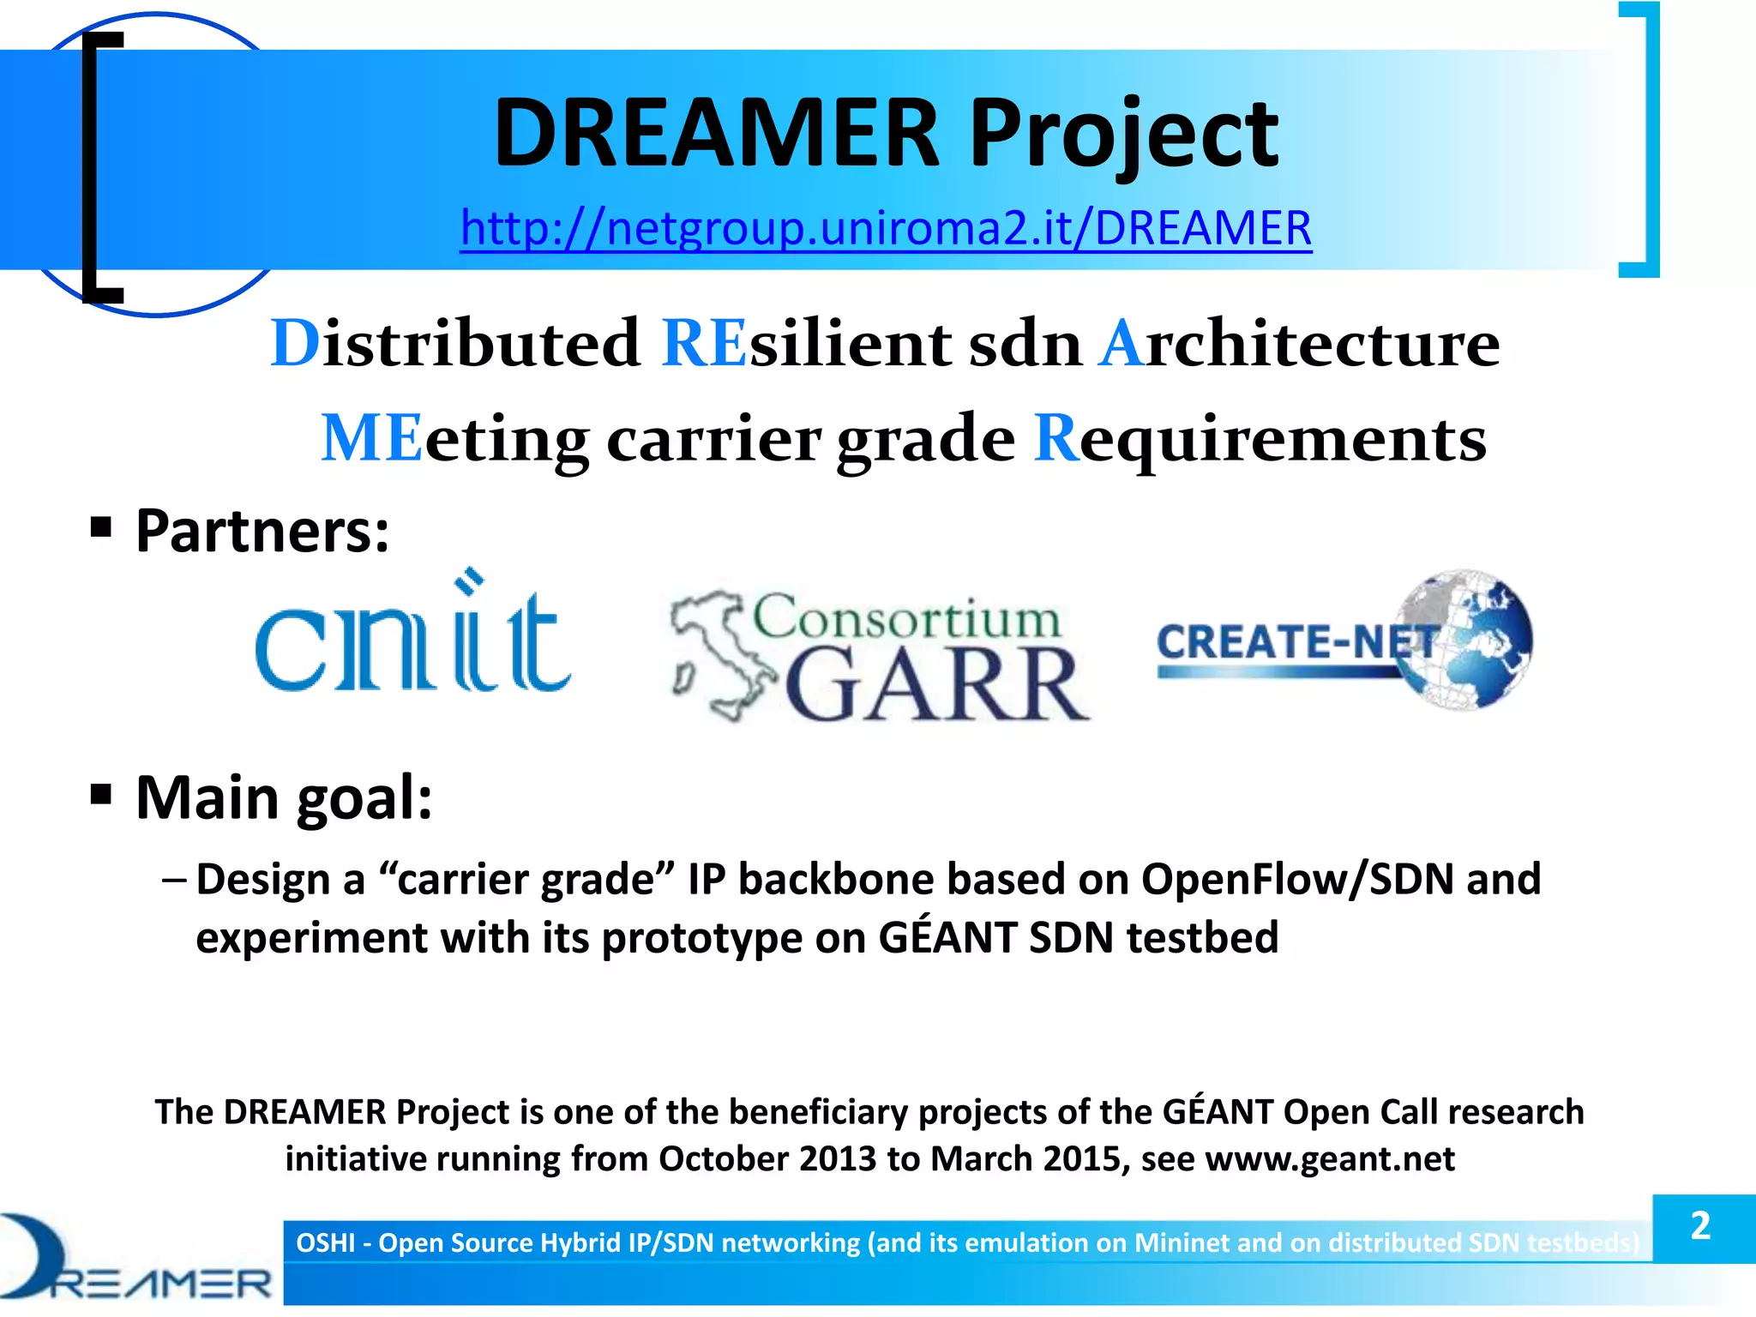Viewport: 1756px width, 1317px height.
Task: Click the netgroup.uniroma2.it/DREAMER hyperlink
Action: (886, 229)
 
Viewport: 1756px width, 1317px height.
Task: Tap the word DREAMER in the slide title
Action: (717, 134)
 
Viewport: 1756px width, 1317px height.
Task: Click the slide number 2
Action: (1701, 1226)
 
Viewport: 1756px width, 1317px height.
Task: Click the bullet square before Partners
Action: (101, 526)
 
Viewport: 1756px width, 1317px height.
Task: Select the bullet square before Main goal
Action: (101, 794)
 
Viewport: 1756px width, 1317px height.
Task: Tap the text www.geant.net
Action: (1330, 1159)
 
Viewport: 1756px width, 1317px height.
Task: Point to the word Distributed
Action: (455, 344)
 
